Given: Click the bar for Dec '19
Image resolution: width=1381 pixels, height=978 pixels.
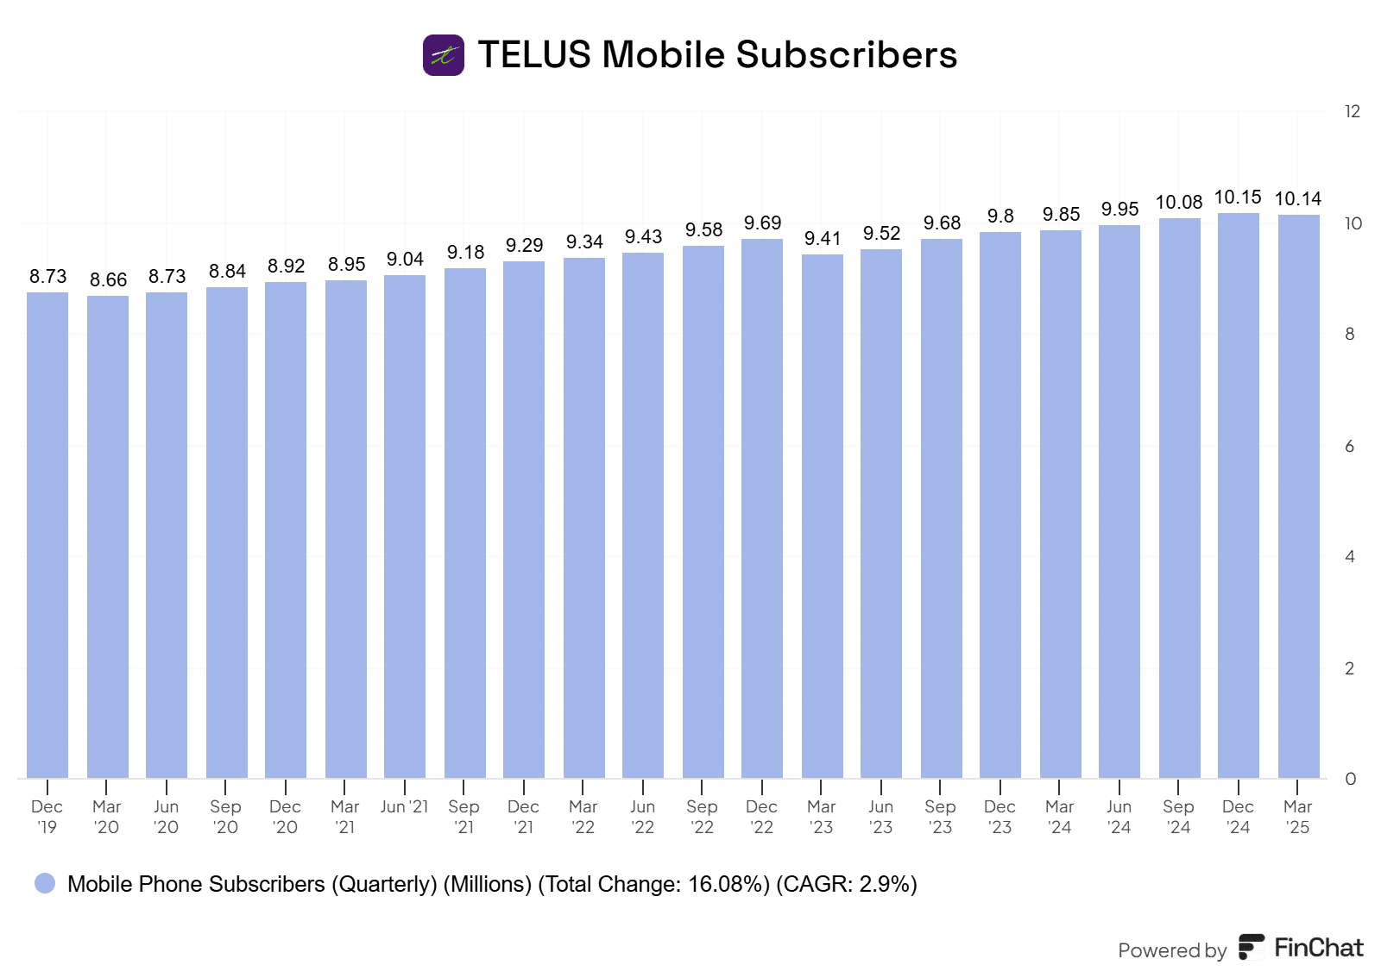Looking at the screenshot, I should pyautogui.click(x=47, y=535).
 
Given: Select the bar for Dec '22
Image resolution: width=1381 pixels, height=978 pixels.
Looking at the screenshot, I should pyautogui.click(x=762, y=509).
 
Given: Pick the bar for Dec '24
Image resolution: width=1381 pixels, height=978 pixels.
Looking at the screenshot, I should pyautogui.click(x=1239, y=496).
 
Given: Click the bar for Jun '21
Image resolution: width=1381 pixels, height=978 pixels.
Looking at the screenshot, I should pyautogui.click(x=405, y=526).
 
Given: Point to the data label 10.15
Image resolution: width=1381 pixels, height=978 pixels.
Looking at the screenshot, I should pyautogui.click(x=1238, y=197).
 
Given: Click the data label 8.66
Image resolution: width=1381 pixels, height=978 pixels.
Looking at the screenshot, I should pyautogui.click(x=108, y=280).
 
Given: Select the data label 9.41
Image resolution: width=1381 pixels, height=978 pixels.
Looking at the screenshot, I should pyautogui.click(x=823, y=239).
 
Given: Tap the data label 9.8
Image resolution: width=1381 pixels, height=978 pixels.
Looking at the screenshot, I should pyautogui.click(x=1000, y=216).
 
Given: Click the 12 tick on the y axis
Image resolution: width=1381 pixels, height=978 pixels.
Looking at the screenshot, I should pyautogui.click(x=1352, y=111).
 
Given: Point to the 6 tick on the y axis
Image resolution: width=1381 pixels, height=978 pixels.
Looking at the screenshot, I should pyautogui.click(x=1350, y=446).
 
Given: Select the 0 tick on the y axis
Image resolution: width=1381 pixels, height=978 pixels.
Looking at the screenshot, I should pyautogui.click(x=1350, y=779).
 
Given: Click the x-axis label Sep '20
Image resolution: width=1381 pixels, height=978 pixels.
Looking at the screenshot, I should pyautogui.click(x=225, y=817).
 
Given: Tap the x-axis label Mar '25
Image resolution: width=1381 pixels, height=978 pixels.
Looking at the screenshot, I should pyautogui.click(x=1297, y=817).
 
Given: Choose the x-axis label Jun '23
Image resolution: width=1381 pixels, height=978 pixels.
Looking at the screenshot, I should pyautogui.click(x=880, y=817).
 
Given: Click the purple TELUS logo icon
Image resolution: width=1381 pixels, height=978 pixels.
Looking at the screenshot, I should pyautogui.click(x=444, y=55).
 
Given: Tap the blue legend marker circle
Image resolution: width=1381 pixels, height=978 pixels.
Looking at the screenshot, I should pyautogui.click(x=45, y=883).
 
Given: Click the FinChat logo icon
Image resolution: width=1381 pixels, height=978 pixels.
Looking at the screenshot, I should pyautogui.click(x=1252, y=947).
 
